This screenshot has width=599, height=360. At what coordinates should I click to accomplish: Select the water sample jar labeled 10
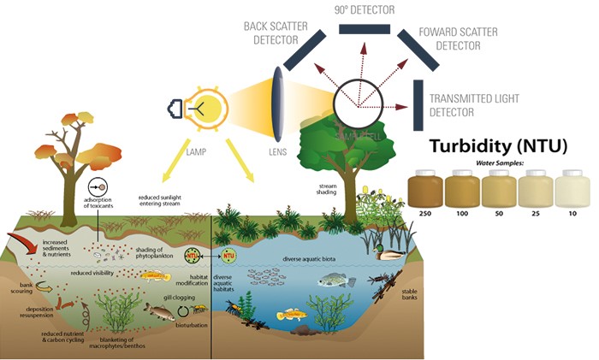coord(572,187)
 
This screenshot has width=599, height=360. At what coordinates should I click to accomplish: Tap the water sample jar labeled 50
coord(499,187)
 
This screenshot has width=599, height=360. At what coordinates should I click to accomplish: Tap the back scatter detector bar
coord(304,50)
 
